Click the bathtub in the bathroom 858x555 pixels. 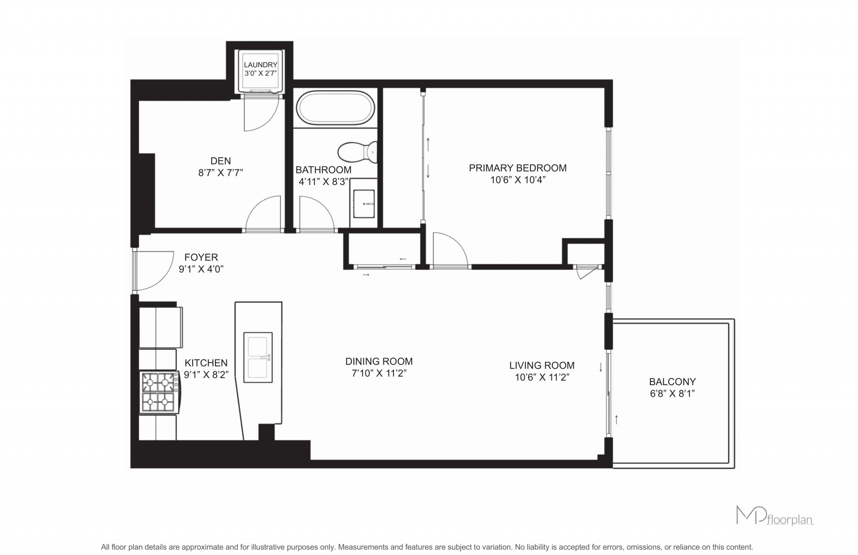(x=336, y=108)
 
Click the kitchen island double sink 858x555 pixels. (x=258, y=357)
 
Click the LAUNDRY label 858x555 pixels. (x=261, y=65)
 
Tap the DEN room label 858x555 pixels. (x=221, y=161)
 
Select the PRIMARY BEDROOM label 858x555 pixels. (x=518, y=168)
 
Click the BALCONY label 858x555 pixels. (x=673, y=382)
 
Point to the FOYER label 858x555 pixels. (x=201, y=257)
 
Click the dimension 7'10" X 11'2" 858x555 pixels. (x=379, y=373)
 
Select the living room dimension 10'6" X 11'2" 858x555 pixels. (x=542, y=377)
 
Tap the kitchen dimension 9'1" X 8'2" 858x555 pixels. (x=206, y=374)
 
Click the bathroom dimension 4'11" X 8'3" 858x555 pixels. (x=323, y=181)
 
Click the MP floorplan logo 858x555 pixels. (x=774, y=515)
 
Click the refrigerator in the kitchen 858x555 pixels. (x=160, y=327)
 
